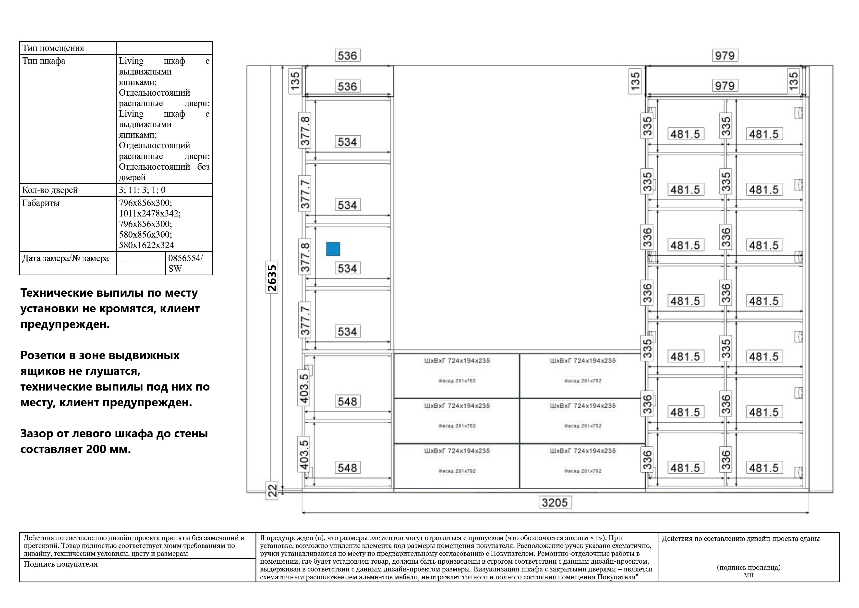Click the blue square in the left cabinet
click(x=333, y=249)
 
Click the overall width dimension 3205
click(x=555, y=502)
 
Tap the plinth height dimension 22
click(x=272, y=490)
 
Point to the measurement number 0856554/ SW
click(x=186, y=263)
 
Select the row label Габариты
click(x=41, y=203)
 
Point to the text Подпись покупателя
click(x=60, y=564)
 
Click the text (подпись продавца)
click(x=748, y=567)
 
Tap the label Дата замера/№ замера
click(x=65, y=258)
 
